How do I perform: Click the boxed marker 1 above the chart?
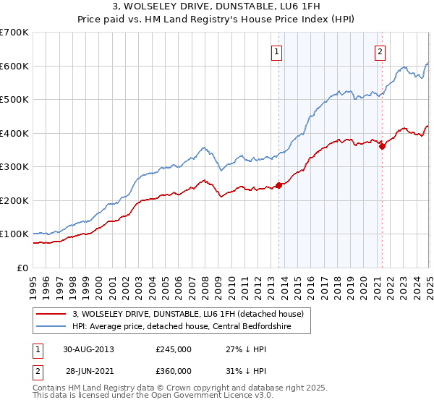pos(278,51)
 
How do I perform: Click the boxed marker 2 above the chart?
pos(380,51)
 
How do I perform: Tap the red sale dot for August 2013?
pos(278,185)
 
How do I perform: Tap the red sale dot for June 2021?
pos(382,146)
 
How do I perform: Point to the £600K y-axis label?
pos(14,66)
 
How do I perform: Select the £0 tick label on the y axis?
pos(22,268)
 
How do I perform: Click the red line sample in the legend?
pos(51,313)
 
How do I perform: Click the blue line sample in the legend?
pos(51,326)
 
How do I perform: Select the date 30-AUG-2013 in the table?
pos(88,349)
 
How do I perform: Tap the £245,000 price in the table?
pos(173,349)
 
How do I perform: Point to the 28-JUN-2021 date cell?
pos(88,370)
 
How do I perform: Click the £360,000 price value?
pos(173,370)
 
